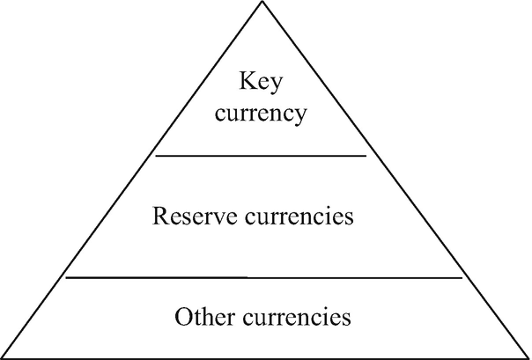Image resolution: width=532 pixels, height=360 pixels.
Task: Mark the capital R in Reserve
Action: click(159, 215)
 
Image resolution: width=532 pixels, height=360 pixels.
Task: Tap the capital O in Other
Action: click(182, 314)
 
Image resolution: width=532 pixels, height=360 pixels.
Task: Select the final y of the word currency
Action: click(302, 116)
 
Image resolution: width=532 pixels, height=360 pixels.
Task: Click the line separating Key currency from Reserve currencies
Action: click(261, 156)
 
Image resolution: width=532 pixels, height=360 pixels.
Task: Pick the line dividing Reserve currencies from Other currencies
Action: click(264, 277)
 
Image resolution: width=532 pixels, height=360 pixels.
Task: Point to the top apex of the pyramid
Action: click(262, 3)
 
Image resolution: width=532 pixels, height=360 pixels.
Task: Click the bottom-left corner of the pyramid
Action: click(3, 356)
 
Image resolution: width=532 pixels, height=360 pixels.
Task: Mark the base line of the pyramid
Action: click(264, 356)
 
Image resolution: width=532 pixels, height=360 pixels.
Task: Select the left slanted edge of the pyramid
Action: click(132, 180)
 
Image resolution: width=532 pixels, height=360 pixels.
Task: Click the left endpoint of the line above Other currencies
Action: click(67, 277)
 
